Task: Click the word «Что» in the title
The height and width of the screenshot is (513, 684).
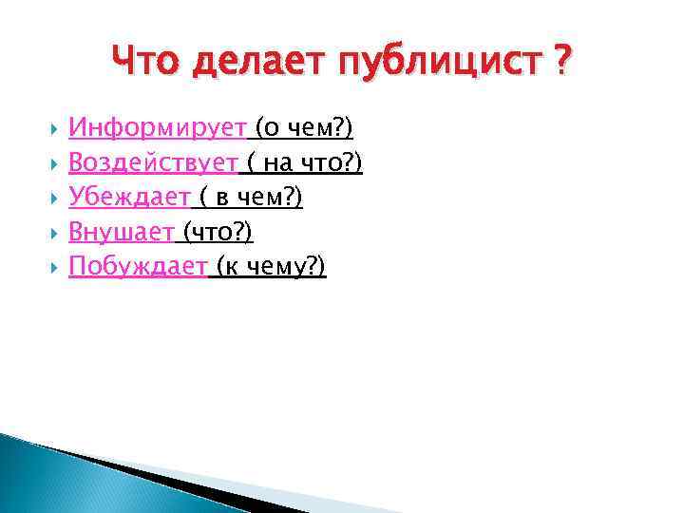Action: pos(145,64)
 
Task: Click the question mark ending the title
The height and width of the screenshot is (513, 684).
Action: pos(563,64)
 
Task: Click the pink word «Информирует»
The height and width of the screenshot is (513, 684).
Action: pos(158,128)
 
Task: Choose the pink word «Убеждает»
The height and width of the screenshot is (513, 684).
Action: pos(130,198)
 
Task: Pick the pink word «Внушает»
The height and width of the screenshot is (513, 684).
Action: pos(122,233)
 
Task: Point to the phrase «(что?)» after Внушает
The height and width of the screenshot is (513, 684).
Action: pos(218,233)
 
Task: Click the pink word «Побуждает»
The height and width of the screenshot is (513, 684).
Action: pos(138,267)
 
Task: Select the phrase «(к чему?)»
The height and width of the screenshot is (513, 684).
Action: pos(271,267)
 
